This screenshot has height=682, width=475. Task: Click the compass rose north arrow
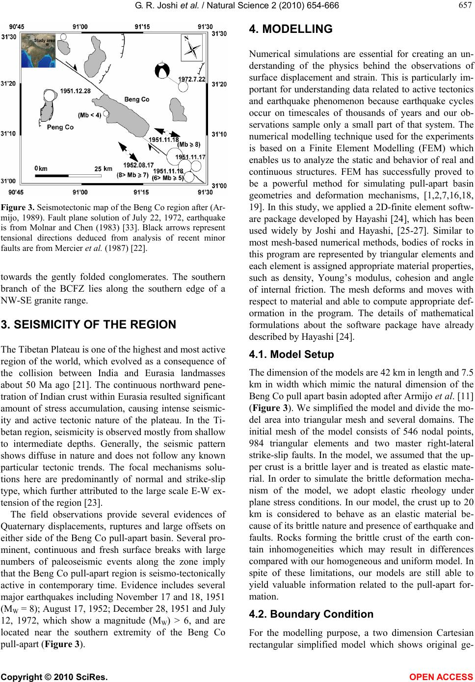point(194,49)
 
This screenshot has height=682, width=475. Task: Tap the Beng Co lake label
point(137,99)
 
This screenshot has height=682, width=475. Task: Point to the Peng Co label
point(60,127)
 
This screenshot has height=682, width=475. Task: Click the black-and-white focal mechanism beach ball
point(162,70)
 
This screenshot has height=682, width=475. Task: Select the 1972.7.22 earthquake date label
point(192,79)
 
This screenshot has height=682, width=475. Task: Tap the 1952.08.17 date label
point(138,165)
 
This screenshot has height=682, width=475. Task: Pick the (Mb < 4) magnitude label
point(89,115)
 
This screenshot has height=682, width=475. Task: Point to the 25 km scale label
point(104,168)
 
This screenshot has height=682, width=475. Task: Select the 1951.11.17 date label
point(190,157)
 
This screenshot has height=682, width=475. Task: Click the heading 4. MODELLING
point(283,29)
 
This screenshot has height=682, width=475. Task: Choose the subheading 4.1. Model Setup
point(285,354)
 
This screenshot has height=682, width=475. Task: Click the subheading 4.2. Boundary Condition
point(304,614)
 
